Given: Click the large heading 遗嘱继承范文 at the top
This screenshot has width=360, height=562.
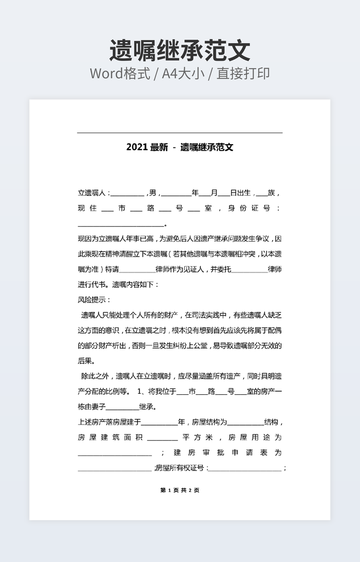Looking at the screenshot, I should [179, 51].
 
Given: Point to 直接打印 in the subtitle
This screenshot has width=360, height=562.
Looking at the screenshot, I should [245, 73].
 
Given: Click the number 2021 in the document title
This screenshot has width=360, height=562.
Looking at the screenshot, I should [137, 147].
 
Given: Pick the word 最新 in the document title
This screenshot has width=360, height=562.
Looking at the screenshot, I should [159, 147].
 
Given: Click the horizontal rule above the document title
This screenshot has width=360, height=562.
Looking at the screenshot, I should [179, 133].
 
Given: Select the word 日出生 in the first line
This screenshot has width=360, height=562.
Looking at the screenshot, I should [240, 193].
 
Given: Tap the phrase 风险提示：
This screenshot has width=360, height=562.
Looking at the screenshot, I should [94, 300].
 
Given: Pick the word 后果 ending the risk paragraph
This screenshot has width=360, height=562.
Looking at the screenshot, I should [86, 361].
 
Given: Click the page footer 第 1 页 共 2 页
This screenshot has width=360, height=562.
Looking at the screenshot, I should [179, 490].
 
